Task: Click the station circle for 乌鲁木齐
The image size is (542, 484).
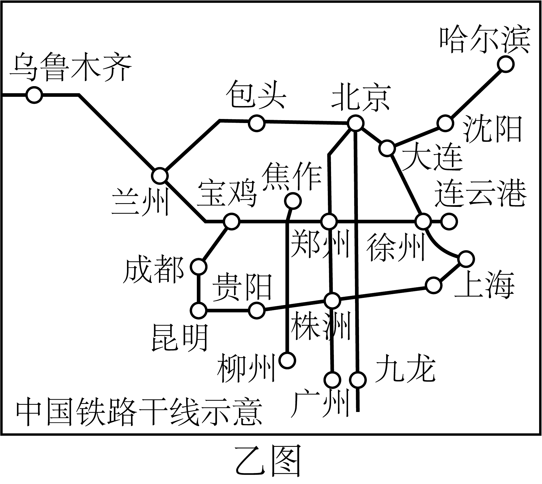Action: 34,95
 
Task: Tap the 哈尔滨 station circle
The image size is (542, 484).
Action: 506,64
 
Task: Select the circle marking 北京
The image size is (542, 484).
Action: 355,123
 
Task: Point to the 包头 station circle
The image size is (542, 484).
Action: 257,123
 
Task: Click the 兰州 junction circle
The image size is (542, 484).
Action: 160,175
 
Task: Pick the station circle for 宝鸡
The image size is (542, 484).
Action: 231,221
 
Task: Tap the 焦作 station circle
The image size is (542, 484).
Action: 292,200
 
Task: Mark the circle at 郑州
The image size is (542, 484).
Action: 329,222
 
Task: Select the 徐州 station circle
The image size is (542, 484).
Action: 423,222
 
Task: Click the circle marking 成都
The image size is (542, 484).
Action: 199,267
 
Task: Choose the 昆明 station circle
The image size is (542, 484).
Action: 199,311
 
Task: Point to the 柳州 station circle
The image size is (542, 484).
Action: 287,360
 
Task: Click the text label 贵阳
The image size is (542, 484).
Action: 242,288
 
